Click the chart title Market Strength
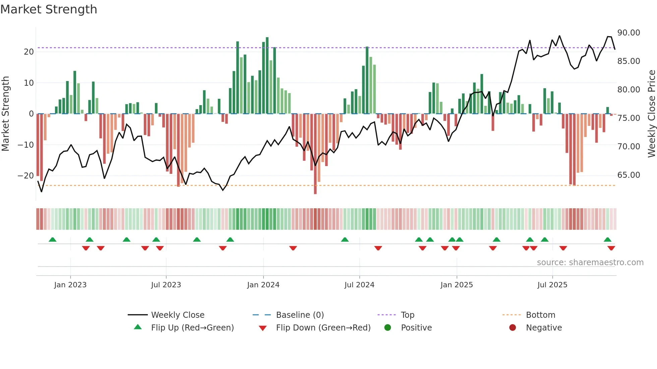tap(49, 9)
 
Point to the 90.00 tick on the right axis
tap(629, 33)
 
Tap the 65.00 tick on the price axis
tap(629, 175)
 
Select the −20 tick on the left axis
tap(25, 176)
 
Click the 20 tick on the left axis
tap(29, 52)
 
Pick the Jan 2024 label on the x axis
tap(263, 285)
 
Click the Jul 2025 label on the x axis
tap(552, 285)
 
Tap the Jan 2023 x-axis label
tap(70, 285)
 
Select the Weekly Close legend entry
tap(177, 315)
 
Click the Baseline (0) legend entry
tap(300, 315)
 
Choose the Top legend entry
tap(408, 315)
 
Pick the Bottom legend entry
tap(540, 315)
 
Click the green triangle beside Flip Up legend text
tap(138, 327)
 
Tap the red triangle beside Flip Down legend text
tap(263, 328)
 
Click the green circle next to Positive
tap(387, 328)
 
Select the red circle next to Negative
tap(513, 328)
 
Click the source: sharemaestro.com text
tap(590, 263)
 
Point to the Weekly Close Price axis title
tap(651, 114)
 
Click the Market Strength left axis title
tap(5, 114)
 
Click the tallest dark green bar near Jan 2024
tap(267, 75)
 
